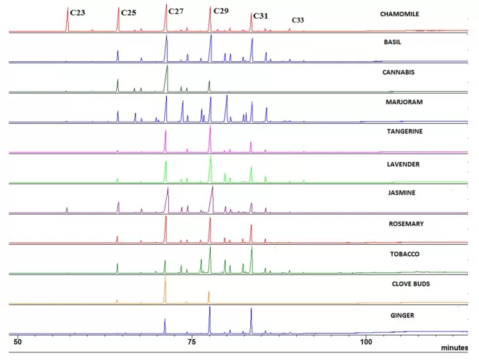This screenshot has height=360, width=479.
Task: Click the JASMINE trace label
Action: click(x=394, y=193)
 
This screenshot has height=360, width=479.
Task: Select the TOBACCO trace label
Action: click(x=395, y=254)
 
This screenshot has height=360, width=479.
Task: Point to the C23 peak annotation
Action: click(x=77, y=13)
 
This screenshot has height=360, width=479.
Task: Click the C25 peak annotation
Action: click(x=129, y=13)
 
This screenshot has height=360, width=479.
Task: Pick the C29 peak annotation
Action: click(x=220, y=11)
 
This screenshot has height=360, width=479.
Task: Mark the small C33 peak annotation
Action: click(x=297, y=20)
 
